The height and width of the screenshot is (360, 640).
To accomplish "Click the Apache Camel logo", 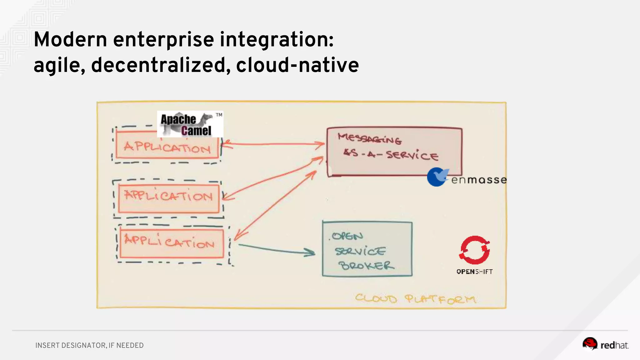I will pos(190,124).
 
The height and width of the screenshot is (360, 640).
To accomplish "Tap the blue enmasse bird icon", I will pos(437,177).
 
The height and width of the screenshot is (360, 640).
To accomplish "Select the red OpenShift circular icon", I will pos(474,250).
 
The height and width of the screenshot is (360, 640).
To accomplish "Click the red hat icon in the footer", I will pos(590,343).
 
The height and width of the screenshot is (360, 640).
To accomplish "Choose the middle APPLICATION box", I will pos(169,198).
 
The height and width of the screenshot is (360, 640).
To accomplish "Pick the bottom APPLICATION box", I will pos(172,243).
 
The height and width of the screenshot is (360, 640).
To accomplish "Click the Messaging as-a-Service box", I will pos(394,152).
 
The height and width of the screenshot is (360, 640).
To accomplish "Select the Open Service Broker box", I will pos(367,249).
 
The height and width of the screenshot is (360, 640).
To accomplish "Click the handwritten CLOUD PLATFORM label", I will pos(415,299).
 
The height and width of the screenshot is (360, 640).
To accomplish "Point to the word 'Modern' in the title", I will pos(71,40).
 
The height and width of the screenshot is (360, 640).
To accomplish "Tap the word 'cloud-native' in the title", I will pos(297,65).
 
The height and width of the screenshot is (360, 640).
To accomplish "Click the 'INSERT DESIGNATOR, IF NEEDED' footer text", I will pos(89,345).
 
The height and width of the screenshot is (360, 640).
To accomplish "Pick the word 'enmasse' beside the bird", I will pos(479,180).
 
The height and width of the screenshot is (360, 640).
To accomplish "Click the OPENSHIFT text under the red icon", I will pos(474,272).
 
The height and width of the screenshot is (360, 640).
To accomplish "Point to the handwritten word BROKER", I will pos(366,266).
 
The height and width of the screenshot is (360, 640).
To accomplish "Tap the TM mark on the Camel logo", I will pos(219,115).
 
